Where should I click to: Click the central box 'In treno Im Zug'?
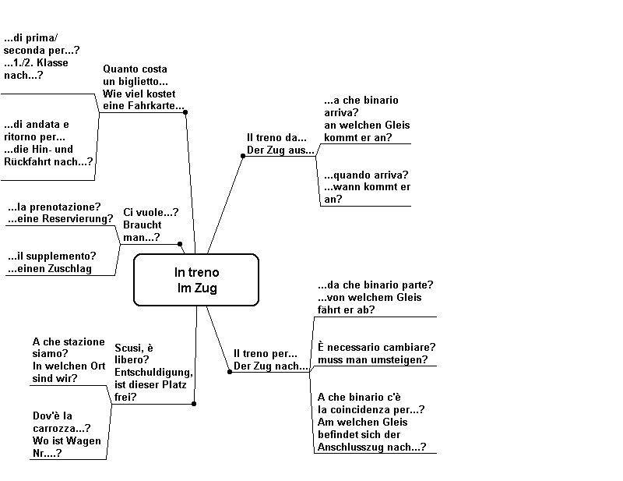(x=196, y=280)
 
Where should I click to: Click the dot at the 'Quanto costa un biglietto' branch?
(x=185, y=112)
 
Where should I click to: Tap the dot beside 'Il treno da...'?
(x=243, y=156)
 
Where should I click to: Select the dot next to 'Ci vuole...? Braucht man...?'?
(x=180, y=244)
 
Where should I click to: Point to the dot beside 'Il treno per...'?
(x=230, y=372)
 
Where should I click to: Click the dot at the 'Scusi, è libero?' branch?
(x=194, y=404)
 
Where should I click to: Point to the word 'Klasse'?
(x=52, y=63)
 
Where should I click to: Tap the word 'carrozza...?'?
(x=62, y=429)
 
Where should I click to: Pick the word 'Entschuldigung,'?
(x=153, y=373)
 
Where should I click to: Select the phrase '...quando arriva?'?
(x=366, y=175)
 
